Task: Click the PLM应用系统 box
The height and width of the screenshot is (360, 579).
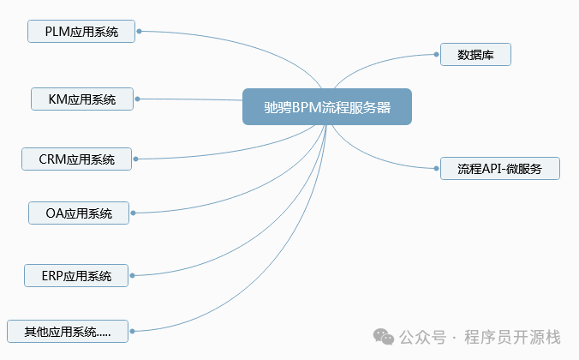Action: (x=81, y=32)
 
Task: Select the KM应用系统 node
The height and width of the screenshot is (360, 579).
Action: (x=83, y=99)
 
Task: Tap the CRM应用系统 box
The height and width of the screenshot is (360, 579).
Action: (x=77, y=159)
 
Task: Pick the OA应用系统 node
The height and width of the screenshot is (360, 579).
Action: (x=79, y=213)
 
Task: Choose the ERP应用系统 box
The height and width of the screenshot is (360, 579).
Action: (x=76, y=275)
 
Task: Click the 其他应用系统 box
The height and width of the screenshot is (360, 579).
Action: (x=68, y=330)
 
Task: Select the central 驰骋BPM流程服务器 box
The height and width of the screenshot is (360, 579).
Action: (x=326, y=107)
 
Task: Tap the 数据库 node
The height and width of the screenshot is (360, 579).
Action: (x=475, y=54)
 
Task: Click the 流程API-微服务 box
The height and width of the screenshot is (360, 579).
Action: (x=499, y=168)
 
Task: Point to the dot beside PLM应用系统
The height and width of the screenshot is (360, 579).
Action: (x=139, y=32)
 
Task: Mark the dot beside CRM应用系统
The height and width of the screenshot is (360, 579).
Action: (x=136, y=159)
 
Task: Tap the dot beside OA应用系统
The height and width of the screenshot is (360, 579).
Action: (x=134, y=213)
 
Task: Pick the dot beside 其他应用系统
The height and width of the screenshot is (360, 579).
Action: (x=133, y=330)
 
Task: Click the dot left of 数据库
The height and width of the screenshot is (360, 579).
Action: (x=436, y=54)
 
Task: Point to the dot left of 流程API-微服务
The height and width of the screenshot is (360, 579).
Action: (x=436, y=168)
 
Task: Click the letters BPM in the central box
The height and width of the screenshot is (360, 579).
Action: (x=308, y=107)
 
